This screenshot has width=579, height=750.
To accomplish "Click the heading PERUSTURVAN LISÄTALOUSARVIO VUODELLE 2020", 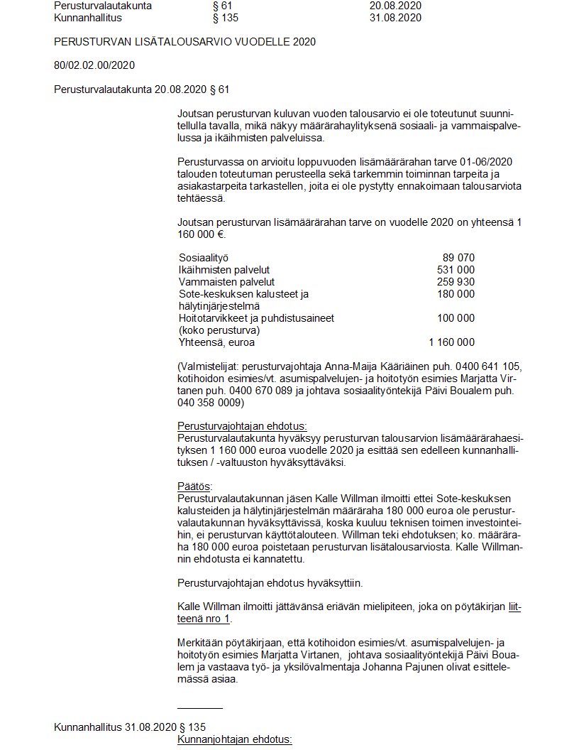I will tap(184, 42).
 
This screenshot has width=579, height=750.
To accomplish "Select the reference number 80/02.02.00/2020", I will tap(94, 65).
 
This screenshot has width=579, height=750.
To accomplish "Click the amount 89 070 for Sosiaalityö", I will tap(458, 258).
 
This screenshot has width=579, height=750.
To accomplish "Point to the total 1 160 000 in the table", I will tap(452, 342).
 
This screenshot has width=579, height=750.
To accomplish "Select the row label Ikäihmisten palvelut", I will tap(224, 270).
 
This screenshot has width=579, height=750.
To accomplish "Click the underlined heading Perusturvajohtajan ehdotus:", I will tap(242, 426).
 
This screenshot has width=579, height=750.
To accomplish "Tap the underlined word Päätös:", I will tap(194, 487).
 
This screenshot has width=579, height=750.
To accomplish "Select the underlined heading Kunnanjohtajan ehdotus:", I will tap(234, 740).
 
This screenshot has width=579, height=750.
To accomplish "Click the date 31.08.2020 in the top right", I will tap(395, 18).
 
